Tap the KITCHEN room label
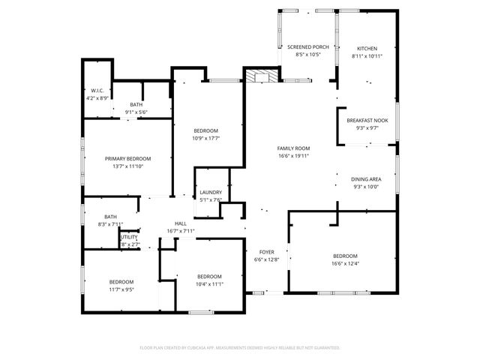(367, 48)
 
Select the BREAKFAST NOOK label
(367, 120)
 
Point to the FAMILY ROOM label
(293, 148)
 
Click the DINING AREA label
(366, 179)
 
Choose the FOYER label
(267, 251)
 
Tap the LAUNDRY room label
(211, 193)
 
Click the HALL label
(181, 223)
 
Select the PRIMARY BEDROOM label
(127, 158)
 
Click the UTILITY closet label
(128, 237)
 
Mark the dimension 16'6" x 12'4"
(346, 262)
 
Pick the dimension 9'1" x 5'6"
(136, 112)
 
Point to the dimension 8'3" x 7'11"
(110, 224)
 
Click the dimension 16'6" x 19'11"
(293, 156)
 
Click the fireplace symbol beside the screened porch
(262, 75)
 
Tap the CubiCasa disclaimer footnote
(240, 347)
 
